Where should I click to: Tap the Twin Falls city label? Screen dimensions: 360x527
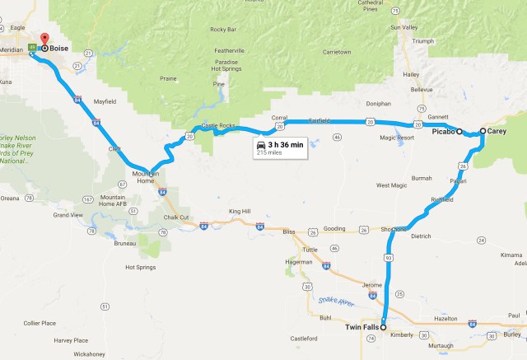point(361,327)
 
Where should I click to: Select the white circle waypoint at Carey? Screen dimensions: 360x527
point(483,131)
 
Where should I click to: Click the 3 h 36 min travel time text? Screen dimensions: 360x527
point(287,145)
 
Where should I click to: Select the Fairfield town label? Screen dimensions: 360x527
point(319,120)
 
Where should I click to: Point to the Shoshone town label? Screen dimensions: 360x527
point(394,228)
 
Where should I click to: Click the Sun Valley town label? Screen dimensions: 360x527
point(404,27)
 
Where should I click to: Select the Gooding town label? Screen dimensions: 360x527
point(334,228)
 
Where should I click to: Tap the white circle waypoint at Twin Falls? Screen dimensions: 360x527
point(384,327)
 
